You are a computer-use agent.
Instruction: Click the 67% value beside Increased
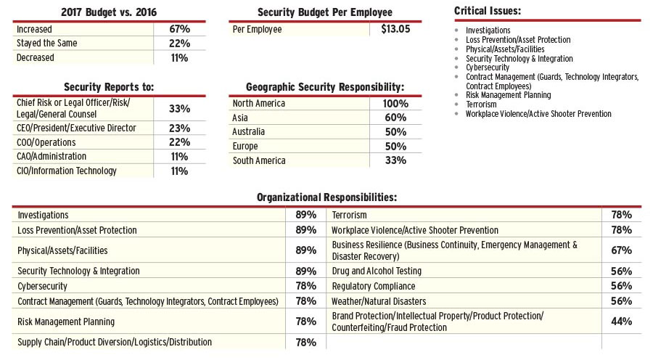point(179,29)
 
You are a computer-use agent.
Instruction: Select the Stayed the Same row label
point(47,44)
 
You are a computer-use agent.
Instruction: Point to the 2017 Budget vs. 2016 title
point(109,12)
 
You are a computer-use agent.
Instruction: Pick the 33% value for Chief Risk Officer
point(179,108)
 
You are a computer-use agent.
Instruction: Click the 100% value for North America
point(395,103)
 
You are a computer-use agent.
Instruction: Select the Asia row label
point(240,118)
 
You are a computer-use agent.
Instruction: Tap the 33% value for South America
point(395,160)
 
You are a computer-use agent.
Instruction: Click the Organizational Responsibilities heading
point(326,197)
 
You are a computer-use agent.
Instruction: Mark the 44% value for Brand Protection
point(621,322)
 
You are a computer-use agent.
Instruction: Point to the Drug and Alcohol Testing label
point(377,271)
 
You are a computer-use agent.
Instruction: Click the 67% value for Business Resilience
point(621,250)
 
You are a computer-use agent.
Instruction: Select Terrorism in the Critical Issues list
point(482,105)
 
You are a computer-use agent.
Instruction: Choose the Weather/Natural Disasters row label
point(379,301)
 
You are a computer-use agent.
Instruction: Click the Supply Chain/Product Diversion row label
point(115,342)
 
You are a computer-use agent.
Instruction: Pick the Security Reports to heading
point(109,86)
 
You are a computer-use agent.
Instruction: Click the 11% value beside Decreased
point(179,58)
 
